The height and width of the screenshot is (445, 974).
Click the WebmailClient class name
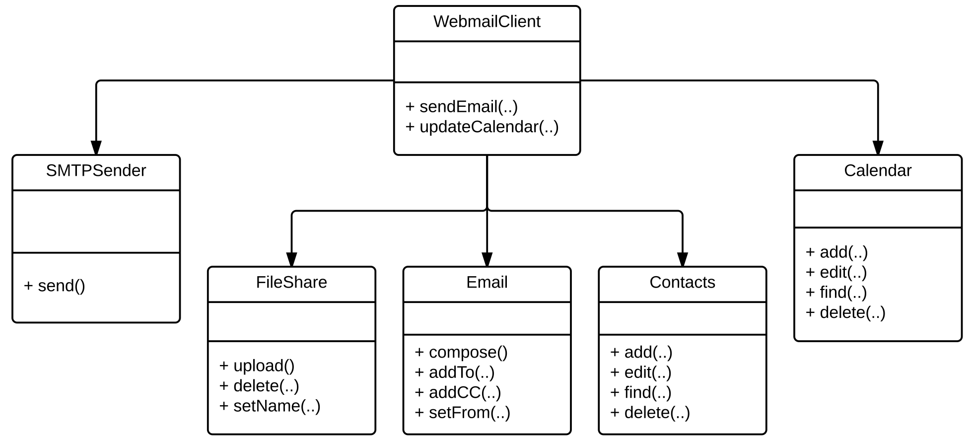point(487,21)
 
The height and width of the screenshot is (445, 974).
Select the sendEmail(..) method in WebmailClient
point(462,107)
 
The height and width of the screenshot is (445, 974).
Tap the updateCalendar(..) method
point(482,127)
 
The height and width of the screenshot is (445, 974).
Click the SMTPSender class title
point(96,170)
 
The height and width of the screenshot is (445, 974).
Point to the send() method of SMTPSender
point(55,286)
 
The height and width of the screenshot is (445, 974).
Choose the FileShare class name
point(291,282)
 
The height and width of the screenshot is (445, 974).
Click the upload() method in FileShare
point(257,366)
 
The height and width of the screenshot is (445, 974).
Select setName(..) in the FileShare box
point(270,406)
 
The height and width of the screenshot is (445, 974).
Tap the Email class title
point(487,282)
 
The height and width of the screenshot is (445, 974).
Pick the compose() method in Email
point(461,352)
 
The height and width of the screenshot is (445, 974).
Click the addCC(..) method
point(458,392)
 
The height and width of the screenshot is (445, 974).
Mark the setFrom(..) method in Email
point(463,413)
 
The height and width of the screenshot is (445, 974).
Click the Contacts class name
point(682,282)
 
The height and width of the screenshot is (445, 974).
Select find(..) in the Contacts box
point(641,392)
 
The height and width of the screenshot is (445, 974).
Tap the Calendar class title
point(878,170)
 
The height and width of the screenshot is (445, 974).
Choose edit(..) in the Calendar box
point(836,272)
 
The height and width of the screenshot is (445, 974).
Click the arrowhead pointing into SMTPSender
point(96,148)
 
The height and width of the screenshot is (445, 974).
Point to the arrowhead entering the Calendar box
point(878,148)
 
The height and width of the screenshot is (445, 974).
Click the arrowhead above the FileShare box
point(291,259)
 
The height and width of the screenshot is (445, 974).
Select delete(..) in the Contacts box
point(650,413)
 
